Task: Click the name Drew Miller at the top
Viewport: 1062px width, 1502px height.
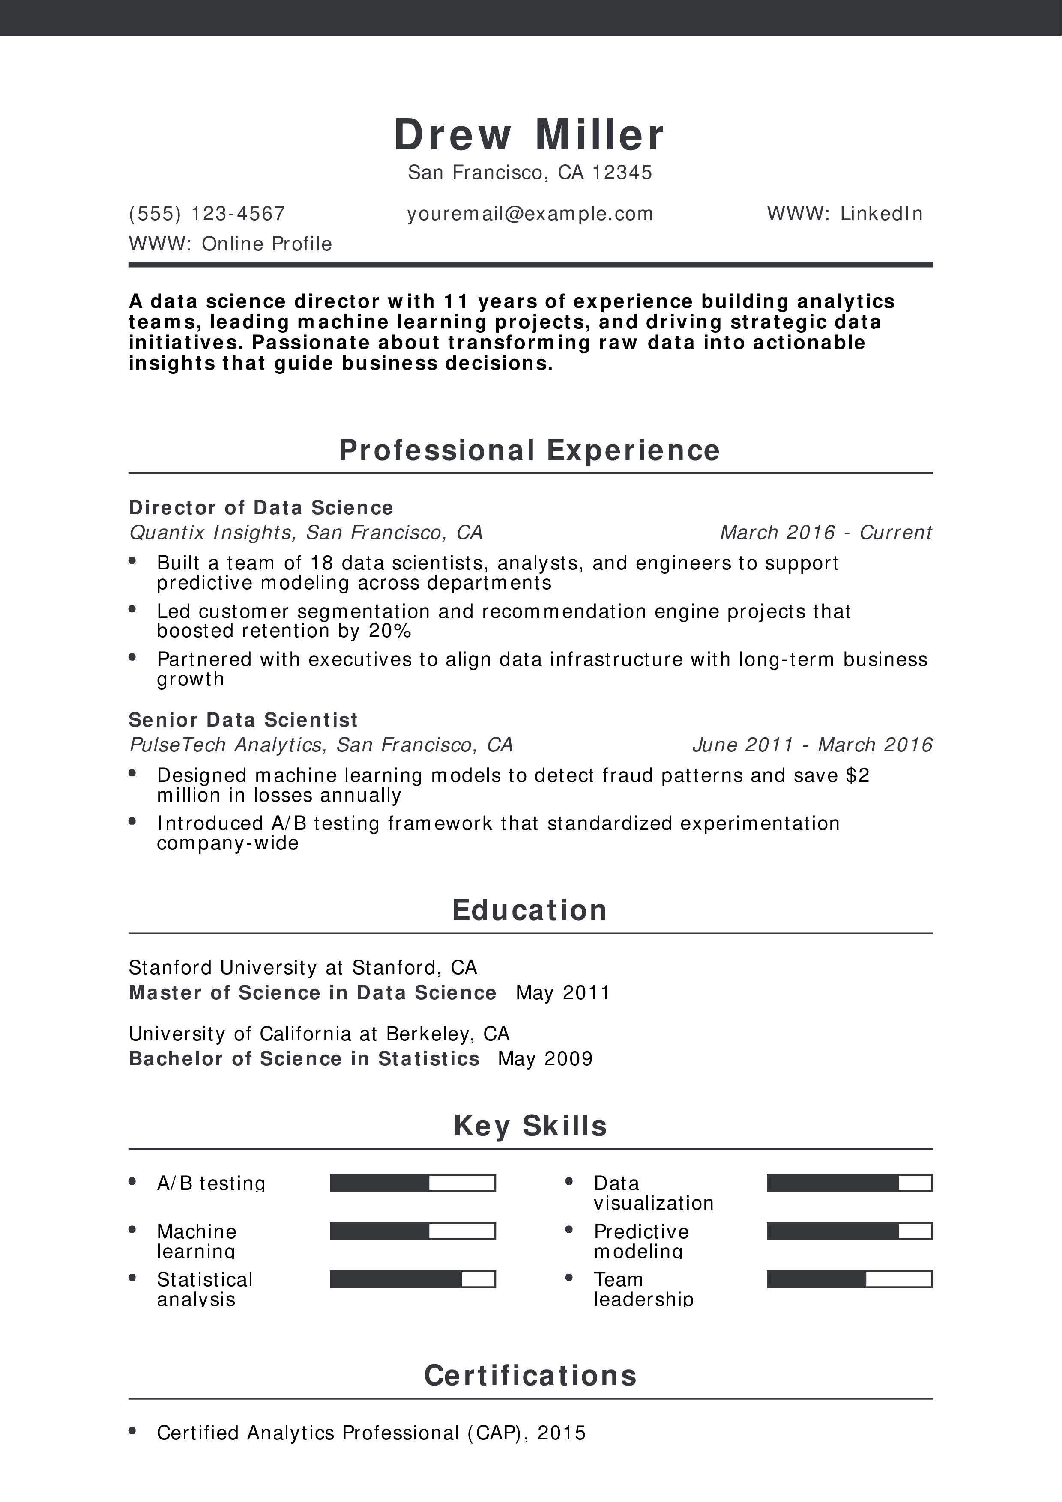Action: click(530, 135)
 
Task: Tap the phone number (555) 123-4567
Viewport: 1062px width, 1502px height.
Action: click(207, 214)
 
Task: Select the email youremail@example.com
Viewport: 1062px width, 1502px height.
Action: click(530, 214)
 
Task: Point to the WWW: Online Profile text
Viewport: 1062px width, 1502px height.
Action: click(230, 244)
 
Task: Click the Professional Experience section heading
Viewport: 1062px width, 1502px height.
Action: click(530, 450)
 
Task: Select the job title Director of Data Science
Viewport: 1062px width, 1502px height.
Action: click(261, 508)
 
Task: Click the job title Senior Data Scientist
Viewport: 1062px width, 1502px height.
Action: click(243, 720)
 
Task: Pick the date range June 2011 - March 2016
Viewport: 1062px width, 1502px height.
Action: click(811, 745)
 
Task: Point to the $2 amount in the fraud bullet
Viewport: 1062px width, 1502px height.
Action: click(857, 775)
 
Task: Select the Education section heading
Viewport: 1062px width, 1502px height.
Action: click(530, 910)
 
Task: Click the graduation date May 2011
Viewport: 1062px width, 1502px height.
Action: click(563, 993)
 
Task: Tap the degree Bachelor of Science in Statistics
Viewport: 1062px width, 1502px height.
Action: click(304, 1059)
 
